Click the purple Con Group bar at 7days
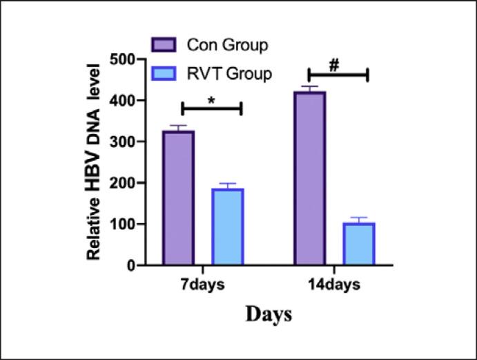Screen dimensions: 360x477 click(x=178, y=198)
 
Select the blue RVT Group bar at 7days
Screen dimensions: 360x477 click(x=227, y=227)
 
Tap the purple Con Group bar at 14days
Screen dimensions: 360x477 click(x=309, y=178)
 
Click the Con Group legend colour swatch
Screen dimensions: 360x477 click(x=166, y=46)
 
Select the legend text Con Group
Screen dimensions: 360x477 click(x=227, y=46)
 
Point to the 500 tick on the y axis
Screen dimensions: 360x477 click(x=118, y=59)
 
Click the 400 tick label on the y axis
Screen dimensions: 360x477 click(x=118, y=101)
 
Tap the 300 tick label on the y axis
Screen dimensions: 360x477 click(x=118, y=142)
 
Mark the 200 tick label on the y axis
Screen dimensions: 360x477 click(x=118, y=183)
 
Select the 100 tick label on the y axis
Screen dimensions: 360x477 click(x=118, y=224)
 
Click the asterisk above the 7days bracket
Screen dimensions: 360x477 click(x=211, y=100)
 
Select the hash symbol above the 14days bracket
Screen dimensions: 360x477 click(x=335, y=65)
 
